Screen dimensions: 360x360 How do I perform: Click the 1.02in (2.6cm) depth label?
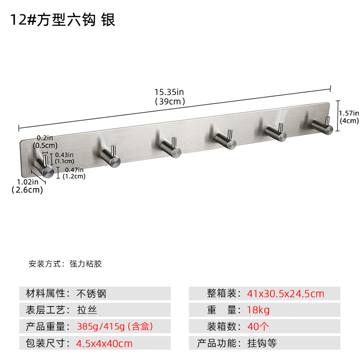click(x=27, y=186)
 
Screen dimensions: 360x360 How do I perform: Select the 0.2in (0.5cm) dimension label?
click(x=45, y=142)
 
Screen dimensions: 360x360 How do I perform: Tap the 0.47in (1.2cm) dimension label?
click(x=75, y=173)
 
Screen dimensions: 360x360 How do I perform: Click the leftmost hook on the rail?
click(x=44, y=166)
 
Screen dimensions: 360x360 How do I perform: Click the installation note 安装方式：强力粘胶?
click(x=65, y=264)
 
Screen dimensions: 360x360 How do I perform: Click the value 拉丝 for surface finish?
click(x=87, y=310)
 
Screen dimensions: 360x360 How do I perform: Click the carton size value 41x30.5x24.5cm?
click(x=285, y=294)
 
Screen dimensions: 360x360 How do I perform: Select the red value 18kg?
click(x=258, y=310)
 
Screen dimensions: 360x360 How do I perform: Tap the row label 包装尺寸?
click(x=45, y=343)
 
